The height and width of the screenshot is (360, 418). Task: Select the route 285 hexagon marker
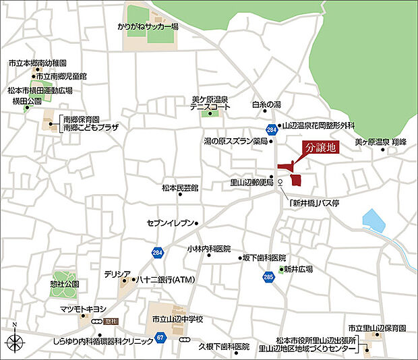tap(269, 276)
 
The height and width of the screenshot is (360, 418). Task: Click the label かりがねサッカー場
tap(147, 27)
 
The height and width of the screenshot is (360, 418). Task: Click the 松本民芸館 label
tap(180, 188)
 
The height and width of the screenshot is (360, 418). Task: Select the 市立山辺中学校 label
tap(177, 318)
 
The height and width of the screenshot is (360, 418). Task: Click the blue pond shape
tap(372, 220)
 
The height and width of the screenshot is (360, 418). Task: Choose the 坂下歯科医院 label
tap(264, 258)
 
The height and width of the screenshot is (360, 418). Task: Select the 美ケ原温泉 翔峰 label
tap(382, 143)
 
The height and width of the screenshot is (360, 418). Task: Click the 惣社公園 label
tap(65, 283)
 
